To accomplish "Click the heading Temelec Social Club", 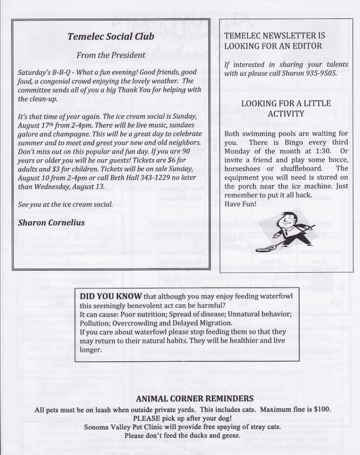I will pos(111,37).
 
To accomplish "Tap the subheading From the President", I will pos(111,55).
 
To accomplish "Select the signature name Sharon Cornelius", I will pos(51,222).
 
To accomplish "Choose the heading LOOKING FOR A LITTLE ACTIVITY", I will pos(286,108).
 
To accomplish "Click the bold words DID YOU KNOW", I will pos(111,296).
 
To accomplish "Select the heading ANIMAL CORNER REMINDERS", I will pos(195,398).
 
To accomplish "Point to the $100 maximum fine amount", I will pos(322,409).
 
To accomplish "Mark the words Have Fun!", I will pos(238,203).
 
